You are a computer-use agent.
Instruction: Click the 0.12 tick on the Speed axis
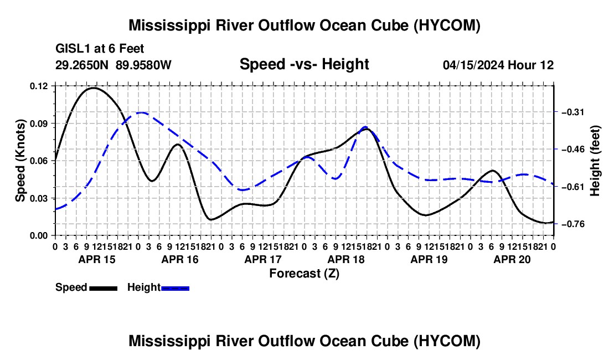pyautogui.click(x=38, y=86)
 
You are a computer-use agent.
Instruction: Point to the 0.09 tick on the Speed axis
pyautogui.click(x=38, y=124)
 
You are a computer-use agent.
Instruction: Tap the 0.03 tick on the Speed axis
pyautogui.click(x=38, y=198)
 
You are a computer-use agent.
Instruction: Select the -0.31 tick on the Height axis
pyautogui.click(x=573, y=112)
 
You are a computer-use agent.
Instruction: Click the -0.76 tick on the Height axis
pyautogui.click(x=573, y=224)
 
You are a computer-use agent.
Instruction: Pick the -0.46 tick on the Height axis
pyautogui.click(x=573, y=150)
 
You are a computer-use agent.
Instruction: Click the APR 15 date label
pyautogui.click(x=97, y=259)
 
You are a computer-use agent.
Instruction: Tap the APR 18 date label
pyautogui.click(x=346, y=259)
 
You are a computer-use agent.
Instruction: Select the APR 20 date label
pyautogui.click(x=512, y=259)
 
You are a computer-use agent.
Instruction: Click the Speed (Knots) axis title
pyautogui.click(x=20, y=161)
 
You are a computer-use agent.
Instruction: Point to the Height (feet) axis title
pyautogui.click(x=595, y=161)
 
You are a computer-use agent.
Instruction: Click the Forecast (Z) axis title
pyautogui.click(x=304, y=274)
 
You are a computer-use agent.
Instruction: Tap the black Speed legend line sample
pyautogui.click(x=104, y=288)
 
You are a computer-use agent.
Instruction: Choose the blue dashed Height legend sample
pyautogui.click(x=175, y=288)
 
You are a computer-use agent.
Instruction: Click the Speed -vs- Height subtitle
pyautogui.click(x=304, y=64)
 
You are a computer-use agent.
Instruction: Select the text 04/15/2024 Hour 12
pyautogui.click(x=498, y=65)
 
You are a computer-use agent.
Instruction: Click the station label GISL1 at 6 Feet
pyautogui.click(x=100, y=49)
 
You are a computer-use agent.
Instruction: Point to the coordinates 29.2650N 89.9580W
pyautogui.click(x=113, y=65)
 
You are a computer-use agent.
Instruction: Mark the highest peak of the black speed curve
pyautogui.click(x=93, y=88)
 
